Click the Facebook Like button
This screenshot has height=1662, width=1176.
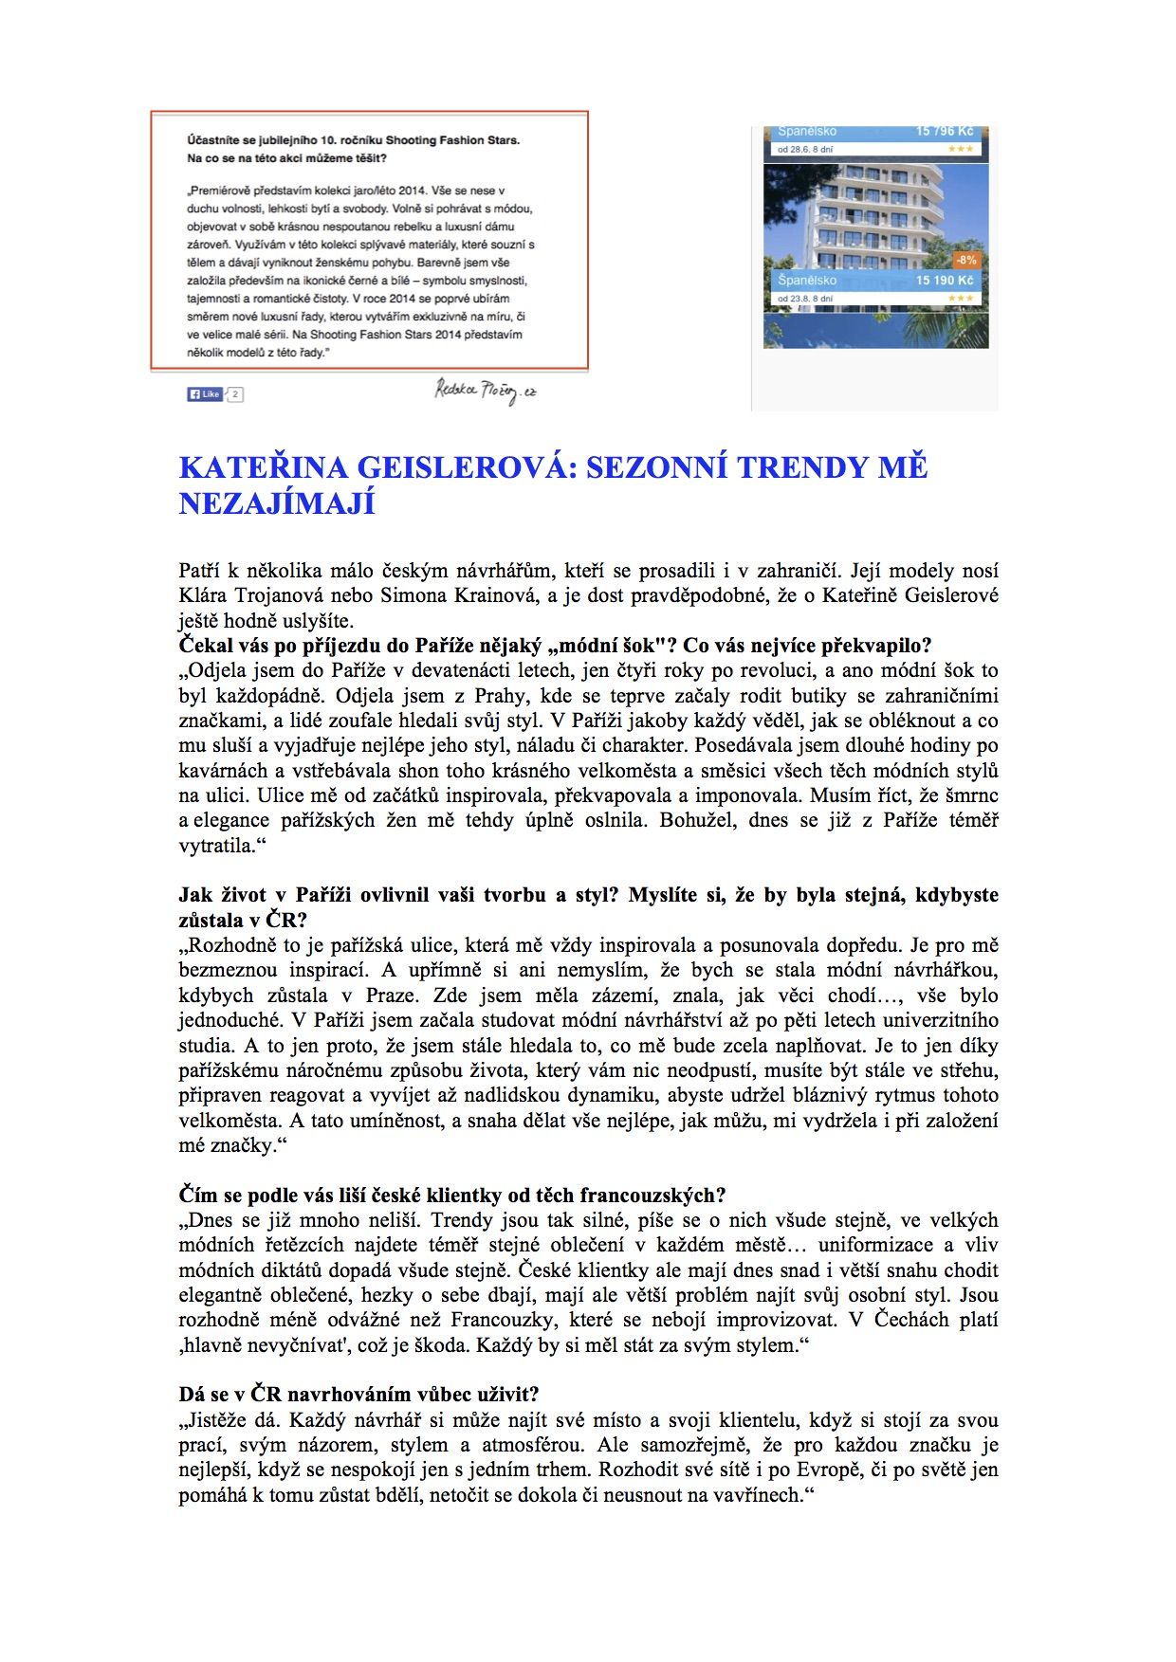pos(204,393)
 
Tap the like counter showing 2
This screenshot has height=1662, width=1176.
pos(235,393)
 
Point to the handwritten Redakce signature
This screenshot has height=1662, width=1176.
pos(486,390)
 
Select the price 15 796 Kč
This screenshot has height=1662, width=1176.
pos(944,132)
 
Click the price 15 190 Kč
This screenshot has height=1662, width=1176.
pos(944,281)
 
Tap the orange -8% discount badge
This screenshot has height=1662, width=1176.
pos(965,260)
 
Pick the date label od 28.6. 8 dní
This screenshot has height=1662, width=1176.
pos(805,150)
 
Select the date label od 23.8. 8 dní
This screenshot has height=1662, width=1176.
pos(805,299)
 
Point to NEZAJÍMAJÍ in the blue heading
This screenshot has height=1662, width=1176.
pos(277,502)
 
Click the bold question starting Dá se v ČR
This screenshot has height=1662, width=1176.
pos(358,1394)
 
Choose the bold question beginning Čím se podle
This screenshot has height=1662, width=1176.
pos(452,1195)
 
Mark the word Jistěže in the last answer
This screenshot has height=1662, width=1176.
pos(221,1419)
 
